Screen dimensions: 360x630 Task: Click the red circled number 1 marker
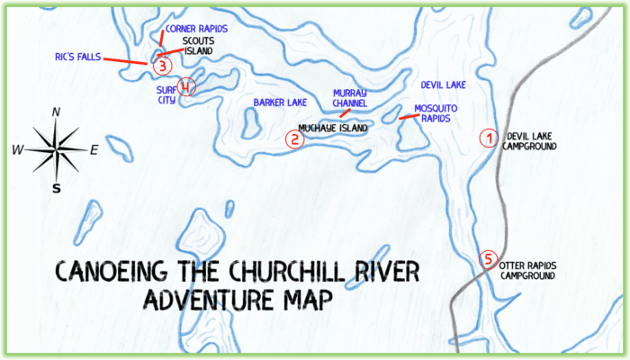pyautogui.click(x=487, y=139)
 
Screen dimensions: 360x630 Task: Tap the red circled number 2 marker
pyautogui.click(x=293, y=139)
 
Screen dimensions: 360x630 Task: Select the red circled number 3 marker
pyautogui.click(x=160, y=65)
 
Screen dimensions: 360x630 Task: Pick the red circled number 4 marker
pyautogui.click(x=185, y=87)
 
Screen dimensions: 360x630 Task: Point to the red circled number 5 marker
pyautogui.click(x=488, y=259)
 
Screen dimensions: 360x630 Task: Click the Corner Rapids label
pyautogui.click(x=196, y=29)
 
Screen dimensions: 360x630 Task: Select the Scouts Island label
pyautogui.click(x=198, y=46)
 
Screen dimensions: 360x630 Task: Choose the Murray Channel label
pyautogui.click(x=350, y=97)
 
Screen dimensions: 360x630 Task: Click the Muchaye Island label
pyautogui.click(x=334, y=129)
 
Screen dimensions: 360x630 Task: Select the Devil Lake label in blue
pyautogui.click(x=443, y=85)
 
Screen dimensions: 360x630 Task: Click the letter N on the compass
pyautogui.click(x=57, y=112)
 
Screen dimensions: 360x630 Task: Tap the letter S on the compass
pyautogui.click(x=57, y=189)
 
